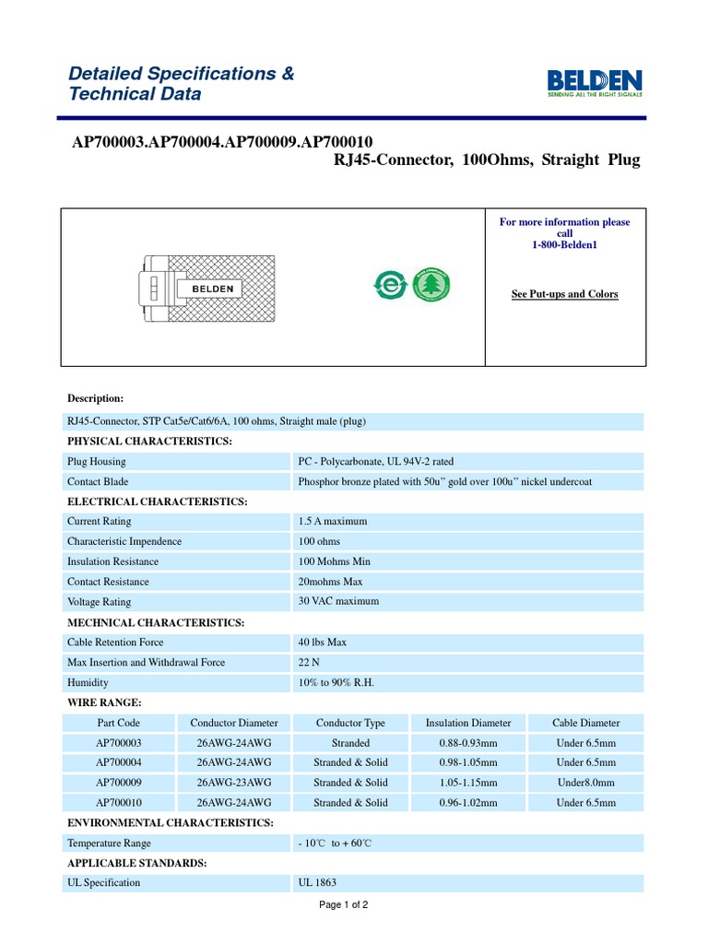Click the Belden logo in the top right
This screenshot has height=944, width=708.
coord(596,81)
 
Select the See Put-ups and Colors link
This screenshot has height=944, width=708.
coord(564,294)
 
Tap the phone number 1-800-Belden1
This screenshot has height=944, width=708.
coord(564,245)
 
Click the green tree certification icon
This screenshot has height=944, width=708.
coord(428,285)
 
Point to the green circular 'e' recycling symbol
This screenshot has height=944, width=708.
coord(390,286)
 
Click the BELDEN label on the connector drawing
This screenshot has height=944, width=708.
coord(212,289)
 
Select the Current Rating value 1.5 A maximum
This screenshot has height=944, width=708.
coord(332,522)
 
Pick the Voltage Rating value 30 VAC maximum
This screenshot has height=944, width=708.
coord(337,601)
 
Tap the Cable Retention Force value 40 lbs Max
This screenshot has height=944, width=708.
coord(322,643)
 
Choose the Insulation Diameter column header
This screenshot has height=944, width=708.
coord(468,723)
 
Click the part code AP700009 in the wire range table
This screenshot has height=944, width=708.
coord(119,783)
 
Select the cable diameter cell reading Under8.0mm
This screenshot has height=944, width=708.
coord(585,783)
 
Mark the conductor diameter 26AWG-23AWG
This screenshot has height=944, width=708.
coord(234,783)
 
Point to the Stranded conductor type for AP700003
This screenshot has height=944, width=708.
coord(350,743)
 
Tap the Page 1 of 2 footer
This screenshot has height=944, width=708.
coord(343,905)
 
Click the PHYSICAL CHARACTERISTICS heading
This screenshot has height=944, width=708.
coord(149,442)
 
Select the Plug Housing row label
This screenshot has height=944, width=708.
coord(96,462)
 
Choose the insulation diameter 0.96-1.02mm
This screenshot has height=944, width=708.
coord(468,803)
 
